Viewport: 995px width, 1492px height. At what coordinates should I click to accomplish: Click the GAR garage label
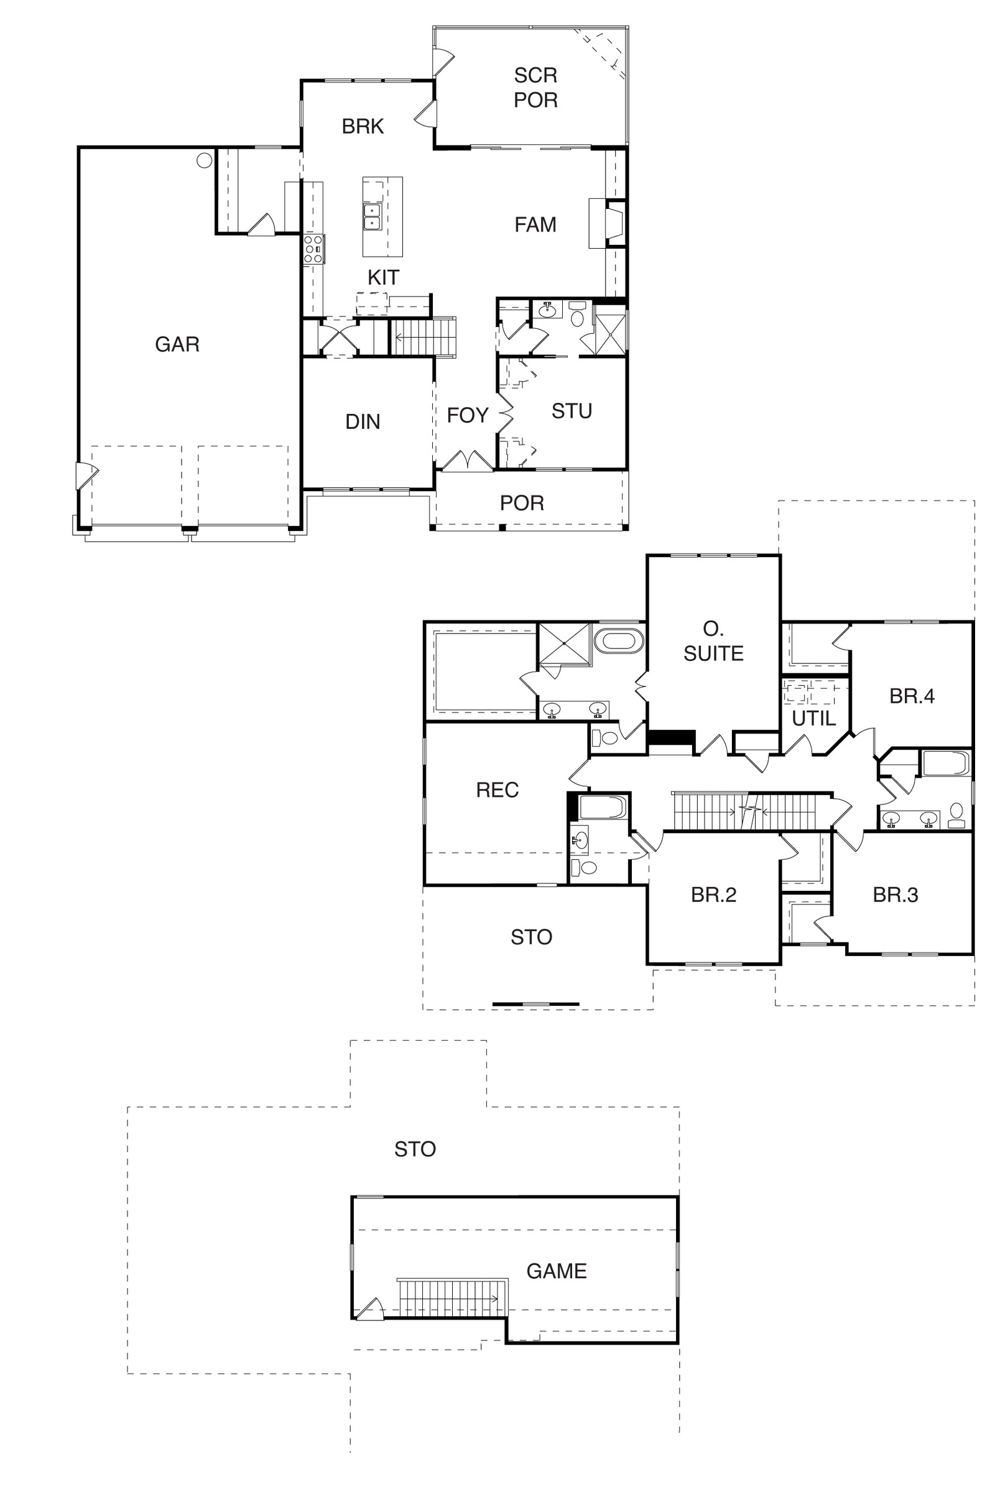pyautogui.click(x=177, y=344)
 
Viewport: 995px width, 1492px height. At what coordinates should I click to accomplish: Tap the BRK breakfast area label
pyautogui.click(x=363, y=126)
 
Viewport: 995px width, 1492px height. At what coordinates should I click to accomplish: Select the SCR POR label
pyautogui.click(x=535, y=88)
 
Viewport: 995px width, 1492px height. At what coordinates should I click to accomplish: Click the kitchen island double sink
pyautogui.click(x=371, y=216)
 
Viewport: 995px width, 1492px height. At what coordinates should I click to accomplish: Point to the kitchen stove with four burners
pyautogui.click(x=313, y=249)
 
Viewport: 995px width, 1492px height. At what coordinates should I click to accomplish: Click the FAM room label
pyautogui.click(x=535, y=224)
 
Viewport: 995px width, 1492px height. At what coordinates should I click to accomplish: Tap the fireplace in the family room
pyautogui.click(x=608, y=223)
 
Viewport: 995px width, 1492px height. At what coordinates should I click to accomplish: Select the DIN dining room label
pyautogui.click(x=363, y=421)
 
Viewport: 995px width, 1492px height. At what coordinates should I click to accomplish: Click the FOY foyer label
pyautogui.click(x=467, y=415)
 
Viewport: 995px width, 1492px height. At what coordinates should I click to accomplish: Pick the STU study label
pyautogui.click(x=571, y=411)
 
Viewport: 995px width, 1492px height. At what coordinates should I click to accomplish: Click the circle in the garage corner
pyautogui.click(x=204, y=160)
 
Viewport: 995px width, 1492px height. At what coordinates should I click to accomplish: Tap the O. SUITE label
pyautogui.click(x=713, y=641)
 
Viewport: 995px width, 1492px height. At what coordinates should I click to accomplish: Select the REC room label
pyautogui.click(x=497, y=790)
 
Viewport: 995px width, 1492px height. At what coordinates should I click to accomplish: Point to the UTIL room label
pyautogui.click(x=813, y=719)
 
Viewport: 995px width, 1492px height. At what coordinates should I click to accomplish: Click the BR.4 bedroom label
pyautogui.click(x=912, y=696)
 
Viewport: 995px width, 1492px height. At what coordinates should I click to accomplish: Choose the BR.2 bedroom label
pyautogui.click(x=713, y=895)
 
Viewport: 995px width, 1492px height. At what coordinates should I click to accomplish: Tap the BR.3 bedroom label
pyautogui.click(x=895, y=895)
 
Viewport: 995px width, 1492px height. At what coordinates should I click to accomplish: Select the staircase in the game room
pyautogui.click(x=453, y=1296)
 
